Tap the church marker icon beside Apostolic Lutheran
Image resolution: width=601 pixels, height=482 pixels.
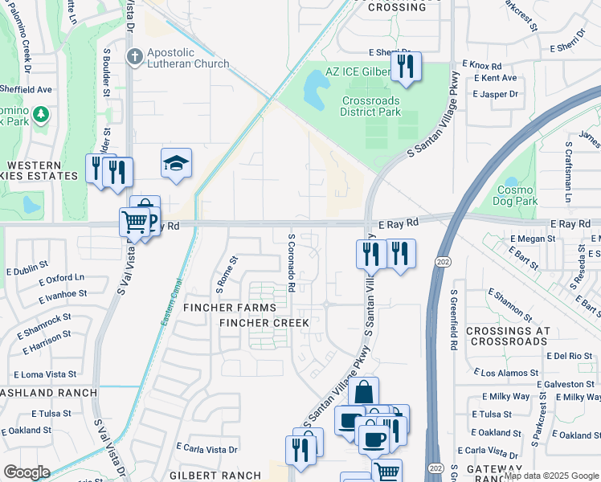[x=134, y=56]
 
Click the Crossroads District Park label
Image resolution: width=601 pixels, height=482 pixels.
[x=370, y=106]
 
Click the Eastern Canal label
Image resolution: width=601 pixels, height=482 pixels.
[x=166, y=309]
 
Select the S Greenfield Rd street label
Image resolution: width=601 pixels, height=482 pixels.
[x=454, y=320]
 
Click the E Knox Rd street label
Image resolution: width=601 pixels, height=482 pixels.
[x=481, y=66]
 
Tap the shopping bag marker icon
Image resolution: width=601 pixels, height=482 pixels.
[x=363, y=393]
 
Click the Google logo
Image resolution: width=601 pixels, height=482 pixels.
[x=27, y=472]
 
